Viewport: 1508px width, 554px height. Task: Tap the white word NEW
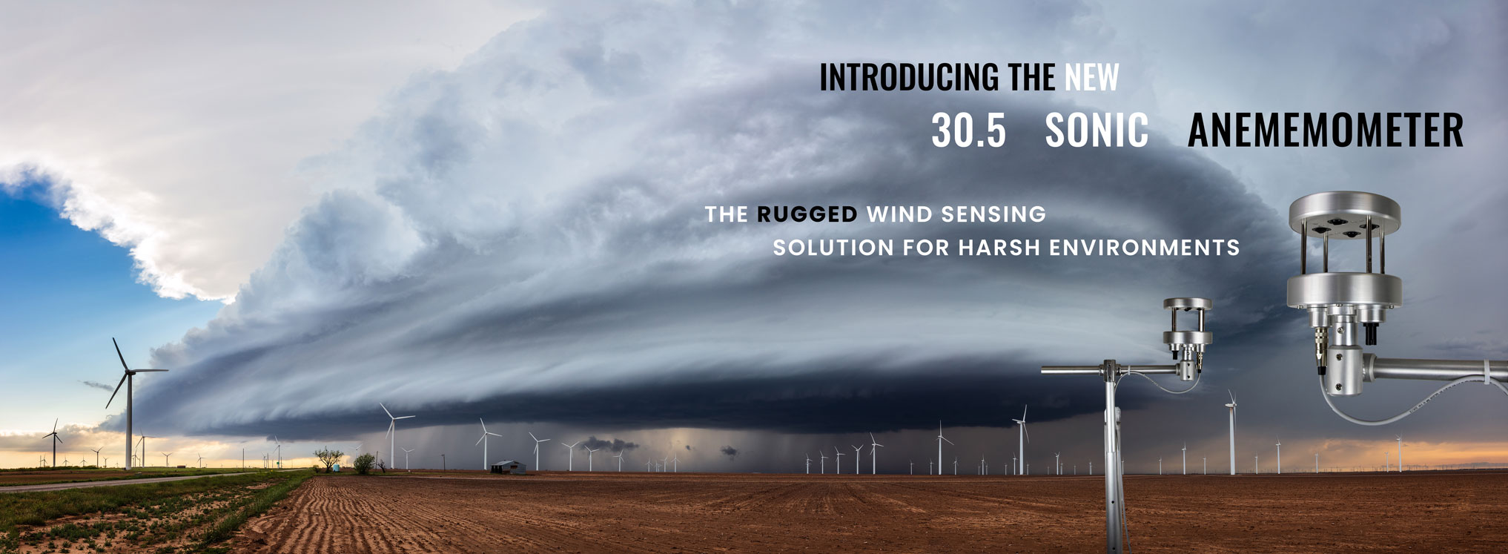point(1092,77)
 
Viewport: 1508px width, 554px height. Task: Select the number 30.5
point(968,130)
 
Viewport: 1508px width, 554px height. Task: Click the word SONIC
point(1097,130)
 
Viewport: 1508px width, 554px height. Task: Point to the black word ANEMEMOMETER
point(1326,130)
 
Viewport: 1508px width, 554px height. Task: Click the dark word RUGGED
point(807,214)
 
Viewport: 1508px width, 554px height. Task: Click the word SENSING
point(993,214)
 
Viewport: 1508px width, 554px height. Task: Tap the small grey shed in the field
point(509,467)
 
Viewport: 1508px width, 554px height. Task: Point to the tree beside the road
point(328,458)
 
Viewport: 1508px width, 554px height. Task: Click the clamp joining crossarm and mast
point(1110,369)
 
